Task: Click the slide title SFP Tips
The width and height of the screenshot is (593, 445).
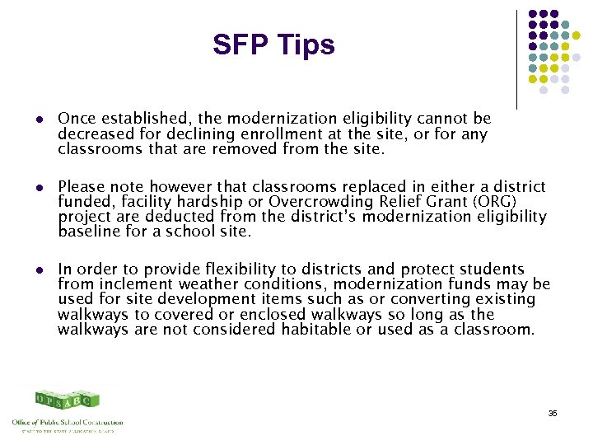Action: coord(273,44)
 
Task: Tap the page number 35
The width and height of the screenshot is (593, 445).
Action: coord(552,413)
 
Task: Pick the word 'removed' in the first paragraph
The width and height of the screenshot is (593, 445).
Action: coord(245,149)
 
